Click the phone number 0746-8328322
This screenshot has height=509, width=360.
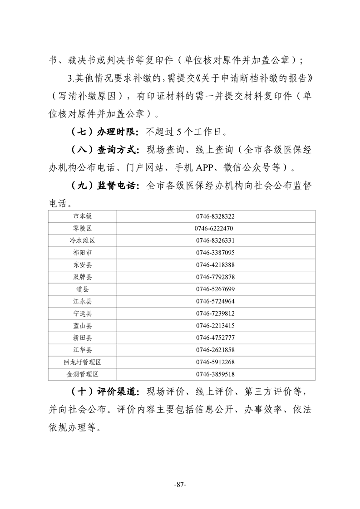click(215, 216)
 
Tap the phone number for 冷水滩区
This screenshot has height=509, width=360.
click(215, 240)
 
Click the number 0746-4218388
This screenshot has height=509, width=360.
click(215, 265)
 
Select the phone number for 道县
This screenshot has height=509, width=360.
click(215, 289)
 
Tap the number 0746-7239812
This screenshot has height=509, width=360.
click(215, 313)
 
